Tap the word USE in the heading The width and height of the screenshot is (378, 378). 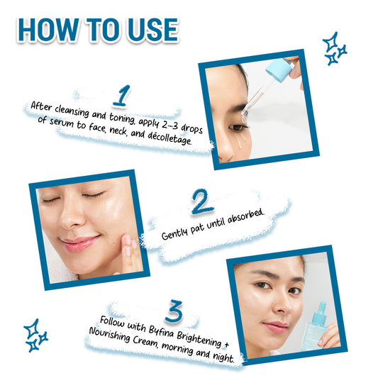[153, 30]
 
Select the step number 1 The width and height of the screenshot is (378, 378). [123, 96]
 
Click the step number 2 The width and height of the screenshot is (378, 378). [202, 202]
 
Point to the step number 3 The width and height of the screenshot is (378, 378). [174, 311]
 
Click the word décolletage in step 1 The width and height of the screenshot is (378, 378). [169, 138]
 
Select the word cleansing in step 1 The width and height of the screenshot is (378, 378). [72, 111]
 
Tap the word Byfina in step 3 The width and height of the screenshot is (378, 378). [161, 331]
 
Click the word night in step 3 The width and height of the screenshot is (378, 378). [223, 356]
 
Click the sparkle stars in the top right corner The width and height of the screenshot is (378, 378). [335, 49]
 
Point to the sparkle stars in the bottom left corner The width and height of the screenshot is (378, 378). [35, 335]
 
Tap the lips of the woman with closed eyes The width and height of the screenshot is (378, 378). [80, 243]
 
